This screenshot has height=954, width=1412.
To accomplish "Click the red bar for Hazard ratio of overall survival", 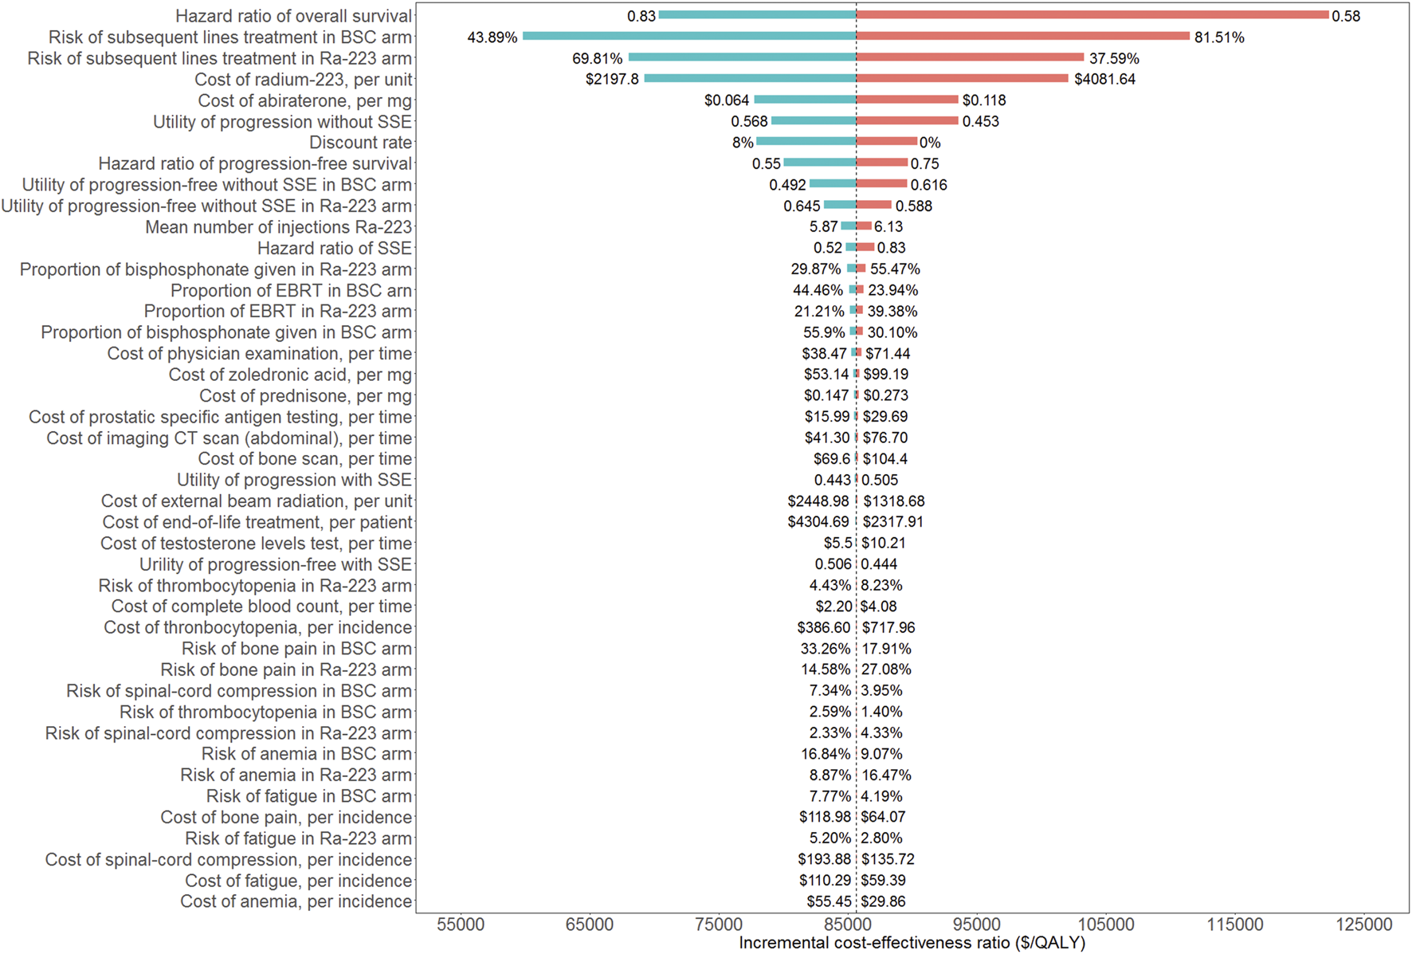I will click(1092, 15).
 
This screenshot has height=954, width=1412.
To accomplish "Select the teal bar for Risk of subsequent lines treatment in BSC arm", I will click(689, 36).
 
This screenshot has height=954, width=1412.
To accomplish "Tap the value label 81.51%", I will click(1218, 37).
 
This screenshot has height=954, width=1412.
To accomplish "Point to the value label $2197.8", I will click(612, 79).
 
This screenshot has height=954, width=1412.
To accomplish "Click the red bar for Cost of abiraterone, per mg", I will click(907, 100).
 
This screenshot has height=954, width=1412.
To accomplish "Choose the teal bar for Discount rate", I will click(806, 141).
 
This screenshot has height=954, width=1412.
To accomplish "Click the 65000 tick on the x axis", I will click(590, 925).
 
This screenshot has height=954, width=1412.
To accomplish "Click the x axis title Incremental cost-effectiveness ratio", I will click(912, 943).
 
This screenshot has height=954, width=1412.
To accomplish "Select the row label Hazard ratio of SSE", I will click(334, 248).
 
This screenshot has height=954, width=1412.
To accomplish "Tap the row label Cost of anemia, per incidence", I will click(296, 901).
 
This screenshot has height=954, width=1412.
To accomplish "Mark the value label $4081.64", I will click(1104, 79).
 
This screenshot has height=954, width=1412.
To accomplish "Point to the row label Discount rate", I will click(360, 143).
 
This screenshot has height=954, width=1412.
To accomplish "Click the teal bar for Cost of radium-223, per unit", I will click(750, 78).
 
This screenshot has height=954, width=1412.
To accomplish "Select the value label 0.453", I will click(980, 121).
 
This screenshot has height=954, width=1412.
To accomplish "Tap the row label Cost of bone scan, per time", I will click(304, 459).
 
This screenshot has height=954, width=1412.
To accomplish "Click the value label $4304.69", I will click(818, 522).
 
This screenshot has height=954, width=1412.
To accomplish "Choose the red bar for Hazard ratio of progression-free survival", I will click(882, 163).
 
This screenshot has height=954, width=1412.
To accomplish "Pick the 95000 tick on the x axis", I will click(977, 925).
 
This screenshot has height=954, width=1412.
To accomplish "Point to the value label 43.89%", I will click(492, 37).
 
